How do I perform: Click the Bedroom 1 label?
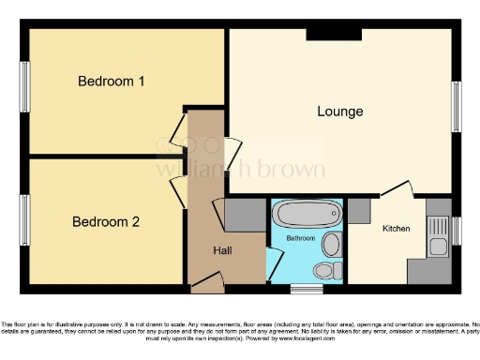click(x=111, y=82)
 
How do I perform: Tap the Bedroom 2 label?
click(x=106, y=222)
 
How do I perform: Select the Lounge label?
click(x=339, y=112)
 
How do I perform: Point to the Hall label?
click(x=222, y=250)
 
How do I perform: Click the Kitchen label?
click(x=396, y=228)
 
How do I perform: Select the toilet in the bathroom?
click(x=324, y=270)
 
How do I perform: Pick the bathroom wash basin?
click(x=331, y=245)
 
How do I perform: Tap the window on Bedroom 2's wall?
click(x=25, y=222)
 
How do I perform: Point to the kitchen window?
click(x=457, y=230)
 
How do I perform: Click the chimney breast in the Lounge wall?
click(x=333, y=35)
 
